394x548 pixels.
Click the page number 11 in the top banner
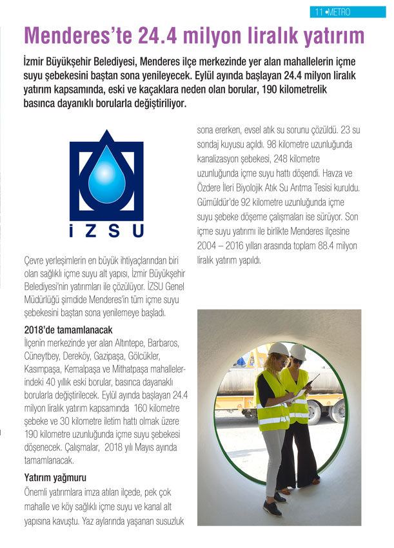point(319,12)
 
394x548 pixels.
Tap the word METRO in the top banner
point(338,12)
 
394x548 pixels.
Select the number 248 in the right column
point(279,158)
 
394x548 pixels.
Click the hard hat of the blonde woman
point(278,349)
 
